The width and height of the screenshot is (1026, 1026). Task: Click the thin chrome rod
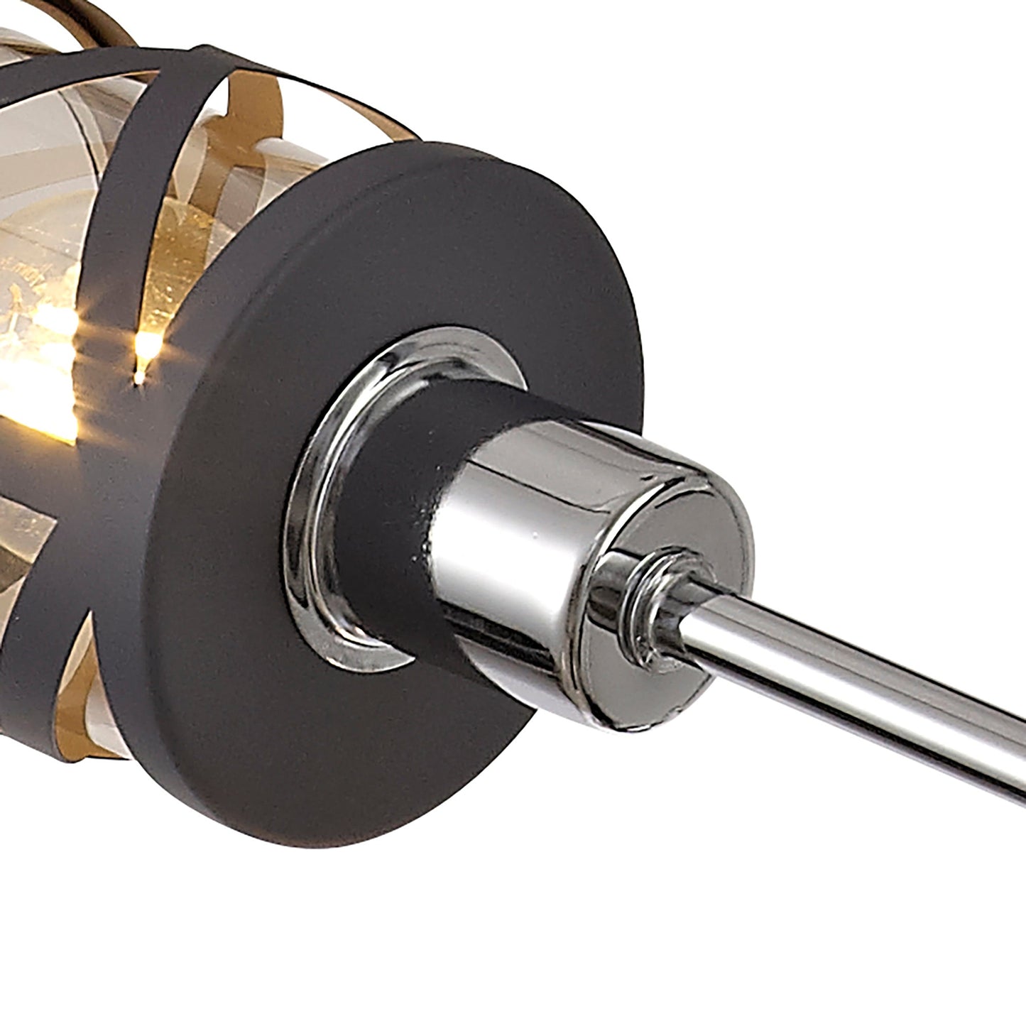pyautogui.click(x=852, y=675)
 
